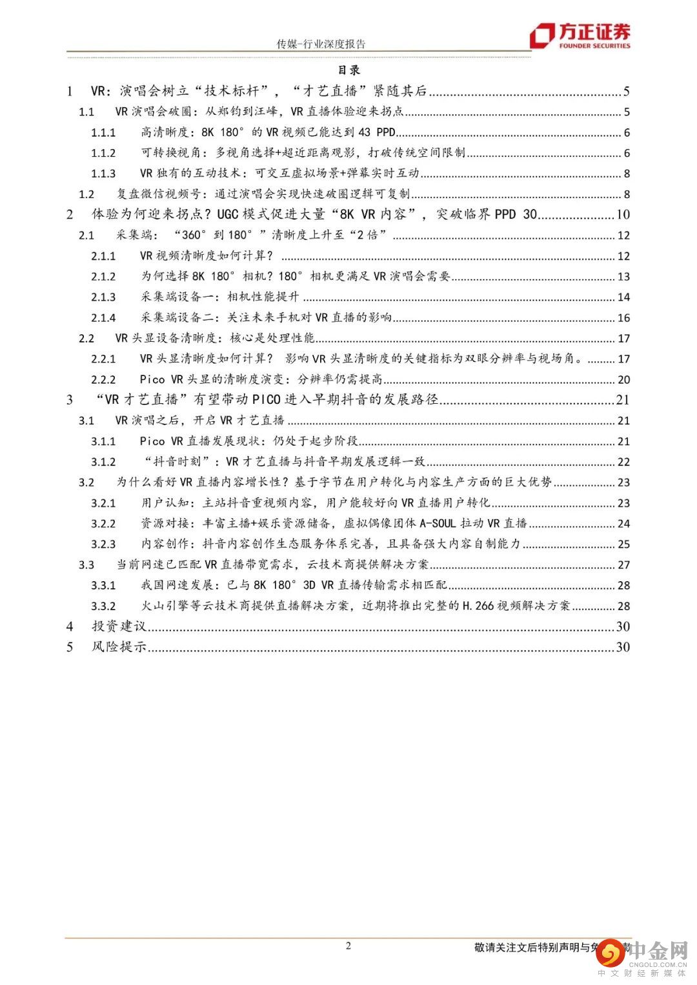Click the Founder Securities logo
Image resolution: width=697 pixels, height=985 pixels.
click(580, 35)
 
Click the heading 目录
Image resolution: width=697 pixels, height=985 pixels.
click(348, 70)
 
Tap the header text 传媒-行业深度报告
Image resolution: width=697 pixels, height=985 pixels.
click(321, 44)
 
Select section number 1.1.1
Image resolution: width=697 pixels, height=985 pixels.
click(103, 133)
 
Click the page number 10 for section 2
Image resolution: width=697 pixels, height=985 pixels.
click(623, 215)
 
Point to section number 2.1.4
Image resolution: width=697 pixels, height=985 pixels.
click(103, 318)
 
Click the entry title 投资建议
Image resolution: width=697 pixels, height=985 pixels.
click(119, 626)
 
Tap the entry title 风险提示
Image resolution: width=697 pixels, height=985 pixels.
click(119, 647)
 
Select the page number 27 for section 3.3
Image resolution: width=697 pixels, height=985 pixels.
click(623, 565)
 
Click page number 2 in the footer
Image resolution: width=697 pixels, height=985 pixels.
click(348, 946)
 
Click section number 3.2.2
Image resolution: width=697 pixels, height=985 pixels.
click(103, 524)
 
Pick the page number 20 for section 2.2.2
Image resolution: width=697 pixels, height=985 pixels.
click(623, 380)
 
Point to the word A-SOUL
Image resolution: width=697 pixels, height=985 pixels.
click(437, 524)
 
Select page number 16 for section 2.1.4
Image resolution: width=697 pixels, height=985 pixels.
click(623, 318)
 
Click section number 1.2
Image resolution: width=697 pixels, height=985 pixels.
click(86, 194)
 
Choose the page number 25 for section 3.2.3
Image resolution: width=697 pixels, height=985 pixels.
click(623, 544)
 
